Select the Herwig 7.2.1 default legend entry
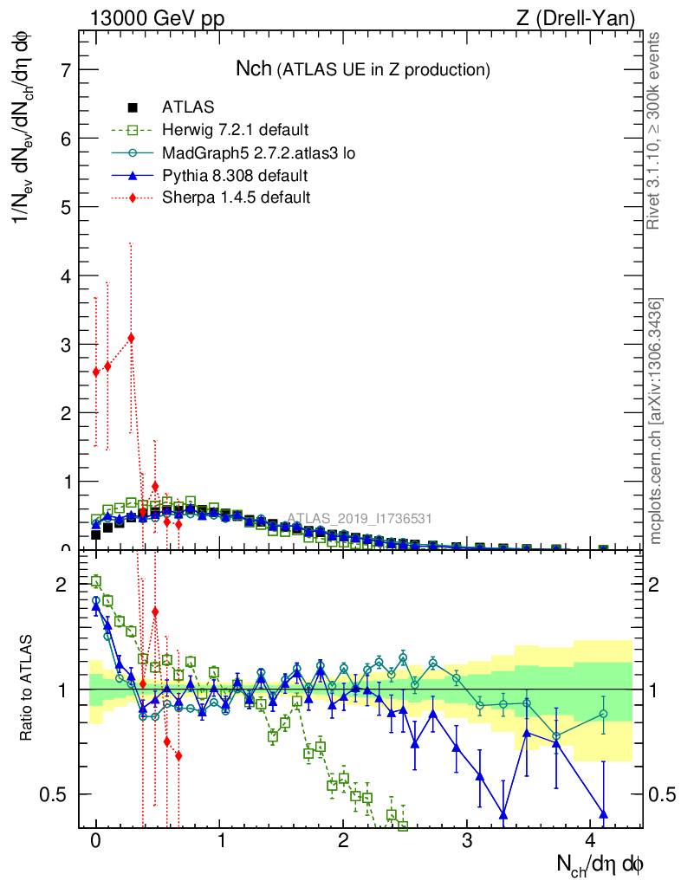tap(235, 130)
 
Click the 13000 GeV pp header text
tap(157, 18)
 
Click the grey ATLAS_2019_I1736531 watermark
tap(360, 519)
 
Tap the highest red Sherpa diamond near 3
tap(131, 338)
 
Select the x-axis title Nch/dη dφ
tap(600, 863)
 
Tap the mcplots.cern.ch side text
tap(656, 421)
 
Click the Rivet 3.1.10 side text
tap(656, 130)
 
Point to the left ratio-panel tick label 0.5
tap(58, 794)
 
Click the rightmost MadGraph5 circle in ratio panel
tap(603, 714)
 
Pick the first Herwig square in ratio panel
tap(96, 581)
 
